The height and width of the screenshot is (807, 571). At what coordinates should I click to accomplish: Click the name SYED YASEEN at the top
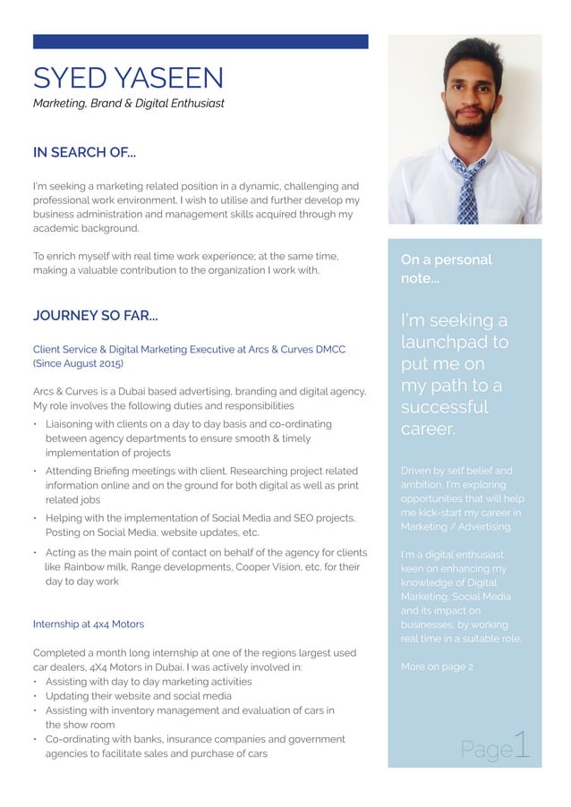point(128,78)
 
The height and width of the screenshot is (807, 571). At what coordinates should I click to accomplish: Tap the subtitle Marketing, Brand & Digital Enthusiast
point(128,104)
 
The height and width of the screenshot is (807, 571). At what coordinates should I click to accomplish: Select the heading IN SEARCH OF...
point(84,153)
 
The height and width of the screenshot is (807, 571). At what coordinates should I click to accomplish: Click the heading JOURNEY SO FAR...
point(96,316)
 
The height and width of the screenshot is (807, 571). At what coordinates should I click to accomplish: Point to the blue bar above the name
point(200,41)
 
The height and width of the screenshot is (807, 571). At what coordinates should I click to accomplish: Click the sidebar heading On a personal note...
point(446,269)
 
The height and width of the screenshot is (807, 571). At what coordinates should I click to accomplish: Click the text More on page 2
point(437,667)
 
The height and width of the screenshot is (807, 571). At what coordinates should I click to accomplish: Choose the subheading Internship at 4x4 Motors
point(88,624)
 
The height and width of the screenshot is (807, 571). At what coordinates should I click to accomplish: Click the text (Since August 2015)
point(78,364)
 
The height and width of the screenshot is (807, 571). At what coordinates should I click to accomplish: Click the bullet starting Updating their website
point(138,696)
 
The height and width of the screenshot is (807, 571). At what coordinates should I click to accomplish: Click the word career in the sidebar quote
point(428,429)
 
